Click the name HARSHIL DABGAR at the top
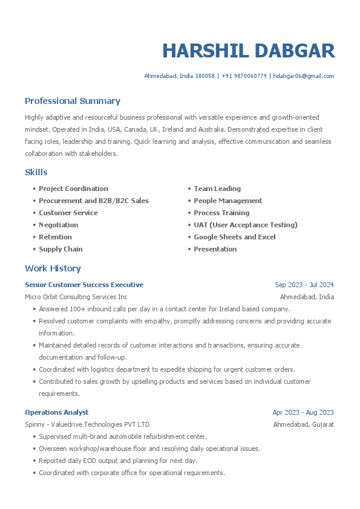[248, 51]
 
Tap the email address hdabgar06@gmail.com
[304, 76]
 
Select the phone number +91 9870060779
[244, 76]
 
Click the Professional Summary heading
[73, 101]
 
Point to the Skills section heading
[36, 172]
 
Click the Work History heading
[53, 268]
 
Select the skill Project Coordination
[73, 189]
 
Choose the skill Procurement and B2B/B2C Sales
[93, 201]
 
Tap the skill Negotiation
[58, 225]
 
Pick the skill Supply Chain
[61, 249]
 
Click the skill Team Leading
[217, 189]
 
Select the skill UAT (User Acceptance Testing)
[246, 225]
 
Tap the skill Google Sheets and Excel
[235, 237]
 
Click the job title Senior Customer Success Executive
[84, 285]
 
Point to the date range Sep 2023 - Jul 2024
[304, 285]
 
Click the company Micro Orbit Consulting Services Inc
[76, 297]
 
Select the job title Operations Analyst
[56, 412]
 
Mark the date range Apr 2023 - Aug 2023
[303, 412]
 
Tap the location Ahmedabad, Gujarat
[304, 424]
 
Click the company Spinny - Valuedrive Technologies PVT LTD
[87, 424]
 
